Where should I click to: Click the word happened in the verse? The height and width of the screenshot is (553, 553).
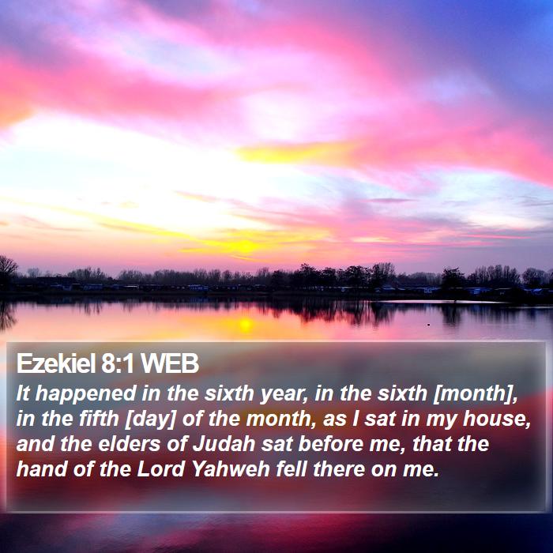pos(85,394)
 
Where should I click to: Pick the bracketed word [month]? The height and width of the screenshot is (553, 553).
pos(475,394)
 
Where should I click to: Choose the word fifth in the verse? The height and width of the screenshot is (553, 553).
pos(99,419)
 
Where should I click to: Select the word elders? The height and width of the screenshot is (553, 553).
pos(129,444)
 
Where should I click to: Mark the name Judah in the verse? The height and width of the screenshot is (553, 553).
pos(224,444)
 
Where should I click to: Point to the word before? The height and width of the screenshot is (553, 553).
pos(331,444)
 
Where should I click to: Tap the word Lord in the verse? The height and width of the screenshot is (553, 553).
pos(160,469)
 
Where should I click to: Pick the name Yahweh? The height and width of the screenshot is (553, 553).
pos(231,469)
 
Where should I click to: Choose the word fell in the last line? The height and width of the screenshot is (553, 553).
pos(291,469)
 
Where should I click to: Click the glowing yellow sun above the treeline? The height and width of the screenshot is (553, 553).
pos(243,246)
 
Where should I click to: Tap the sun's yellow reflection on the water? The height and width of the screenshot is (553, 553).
pos(245,325)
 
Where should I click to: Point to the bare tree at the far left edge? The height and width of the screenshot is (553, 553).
pos(7,270)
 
